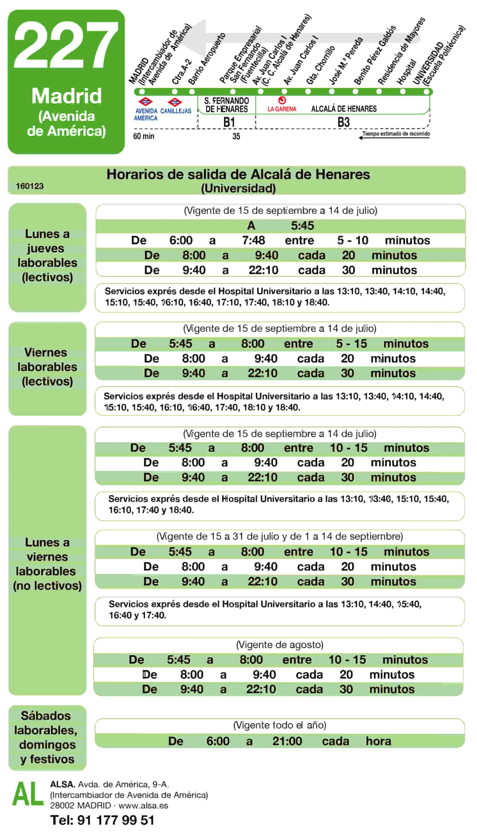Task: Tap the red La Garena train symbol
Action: tap(282, 100)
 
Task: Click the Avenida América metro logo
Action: tap(145, 102)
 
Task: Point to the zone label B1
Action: tap(229, 122)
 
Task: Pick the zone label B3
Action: tap(343, 122)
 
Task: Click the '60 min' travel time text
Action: tap(144, 136)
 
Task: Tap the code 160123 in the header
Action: tap(29, 186)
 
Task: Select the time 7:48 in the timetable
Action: tap(253, 240)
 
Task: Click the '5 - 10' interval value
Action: tap(352, 240)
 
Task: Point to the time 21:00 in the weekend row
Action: tap(287, 741)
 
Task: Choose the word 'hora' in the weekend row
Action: tap(378, 741)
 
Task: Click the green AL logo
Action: tap(28, 794)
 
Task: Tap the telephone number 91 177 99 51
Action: tap(115, 820)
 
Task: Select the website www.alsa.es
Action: tap(143, 806)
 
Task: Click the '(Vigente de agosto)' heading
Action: tap(280, 645)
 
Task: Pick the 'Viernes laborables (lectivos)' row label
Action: tap(47, 367)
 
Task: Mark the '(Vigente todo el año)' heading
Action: tap(280, 725)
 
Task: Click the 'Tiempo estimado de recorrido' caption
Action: tap(396, 134)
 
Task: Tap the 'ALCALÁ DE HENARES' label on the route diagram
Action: tap(344, 109)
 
